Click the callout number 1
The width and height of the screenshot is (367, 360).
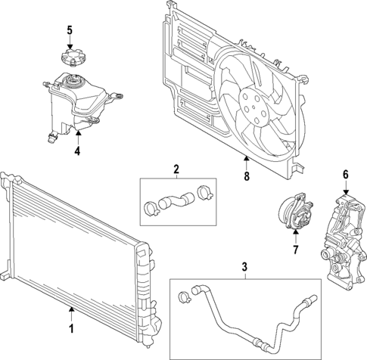click(71, 328)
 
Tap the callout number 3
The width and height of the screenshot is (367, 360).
click(244, 267)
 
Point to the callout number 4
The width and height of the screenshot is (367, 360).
click(77, 150)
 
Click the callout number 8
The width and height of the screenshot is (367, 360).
click(246, 178)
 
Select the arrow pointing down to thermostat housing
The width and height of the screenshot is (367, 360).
click(346, 189)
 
